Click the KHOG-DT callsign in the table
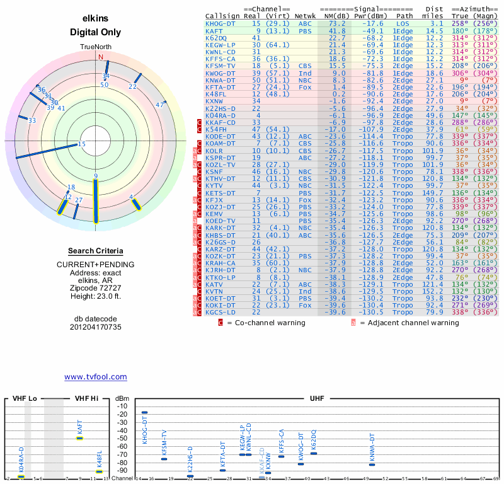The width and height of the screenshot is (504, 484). (x=220, y=23)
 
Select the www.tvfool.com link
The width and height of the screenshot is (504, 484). (x=96, y=377)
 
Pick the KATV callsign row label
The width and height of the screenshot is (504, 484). (x=214, y=285)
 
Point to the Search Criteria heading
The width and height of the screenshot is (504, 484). (x=96, y=251)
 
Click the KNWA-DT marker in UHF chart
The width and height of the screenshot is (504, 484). (x=372, y=464)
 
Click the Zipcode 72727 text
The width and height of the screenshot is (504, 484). (x=96, y=286)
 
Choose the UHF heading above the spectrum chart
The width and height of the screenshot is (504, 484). (x=318, y=399)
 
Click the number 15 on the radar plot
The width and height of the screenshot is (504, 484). (x=81, y=144)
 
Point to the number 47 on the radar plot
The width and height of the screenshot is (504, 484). (x=159, y=105)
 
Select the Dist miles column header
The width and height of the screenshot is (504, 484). (x=435, y=12)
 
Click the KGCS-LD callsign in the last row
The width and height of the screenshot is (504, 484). (x=220, y=311)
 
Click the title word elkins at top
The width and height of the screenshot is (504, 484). (x=96, y=18)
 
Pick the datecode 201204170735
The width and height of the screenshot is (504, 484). (x=96, y=327)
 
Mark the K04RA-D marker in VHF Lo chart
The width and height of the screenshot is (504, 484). (x=21, y=477)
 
